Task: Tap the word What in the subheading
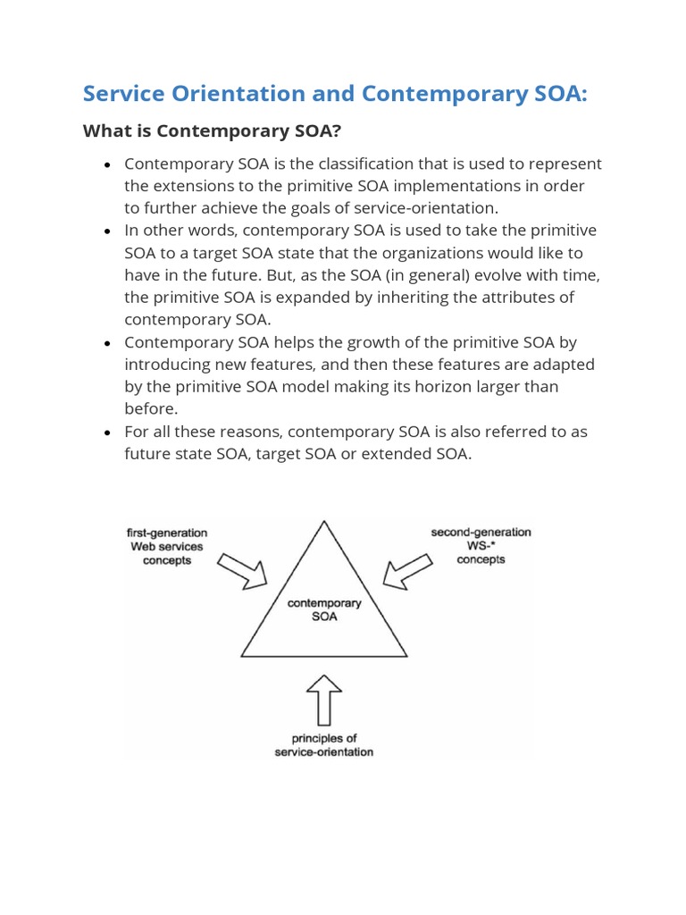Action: coord(105,131)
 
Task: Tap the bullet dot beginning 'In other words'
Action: coord(107,231)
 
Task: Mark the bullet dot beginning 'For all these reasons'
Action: coord(107,432)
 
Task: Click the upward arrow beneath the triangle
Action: coord(324,698)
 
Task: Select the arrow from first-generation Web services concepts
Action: coord(243,570)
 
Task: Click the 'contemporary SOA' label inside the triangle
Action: coord(324,609)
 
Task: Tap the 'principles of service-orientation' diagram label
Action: coord(323,745)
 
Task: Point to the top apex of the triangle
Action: coord(324,520)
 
